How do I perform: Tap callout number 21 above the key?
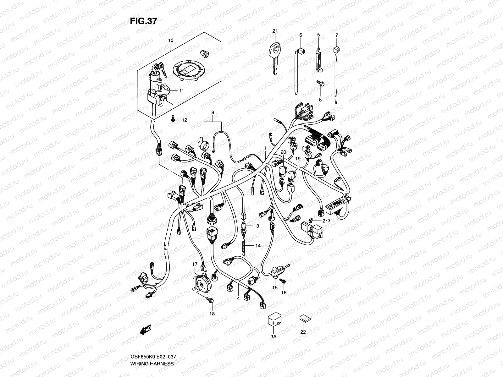coord(275,31)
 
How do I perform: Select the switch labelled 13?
coord(244,226)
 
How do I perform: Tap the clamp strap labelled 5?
coord(319,57)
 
